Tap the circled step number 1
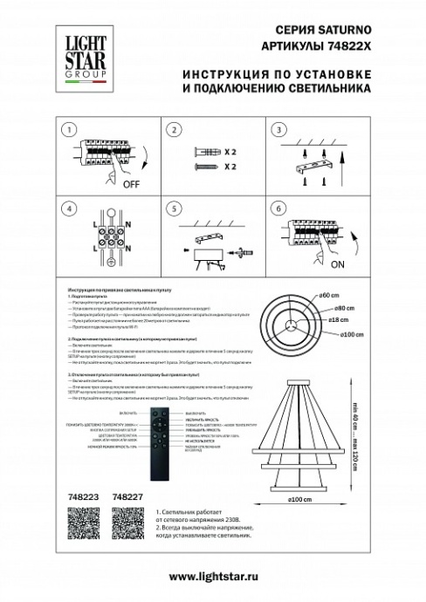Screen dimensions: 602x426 [65, 131]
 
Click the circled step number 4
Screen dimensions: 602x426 [65, 210]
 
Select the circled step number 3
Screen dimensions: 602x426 [281, 131]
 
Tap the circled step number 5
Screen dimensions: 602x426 [174, 210]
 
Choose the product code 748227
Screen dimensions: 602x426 [128, 497]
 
